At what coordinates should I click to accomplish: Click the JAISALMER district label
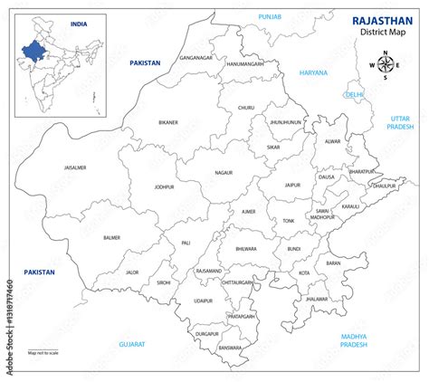[x=75, y=167]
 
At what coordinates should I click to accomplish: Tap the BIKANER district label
[x=168, y=121]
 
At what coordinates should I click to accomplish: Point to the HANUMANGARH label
[x=245, y=64]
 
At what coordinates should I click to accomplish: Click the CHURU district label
[x=246, y=108]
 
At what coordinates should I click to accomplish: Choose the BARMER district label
[x=112, y=237]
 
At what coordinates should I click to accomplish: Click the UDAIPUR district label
[x=202, y=300]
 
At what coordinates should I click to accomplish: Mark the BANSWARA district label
[x=231, y=347]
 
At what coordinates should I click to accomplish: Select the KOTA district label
[x=304, y=272]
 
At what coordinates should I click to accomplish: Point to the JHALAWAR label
[x=317, y=298]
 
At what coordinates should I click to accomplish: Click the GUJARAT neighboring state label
[x=133, y=344]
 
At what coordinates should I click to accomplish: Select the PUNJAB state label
[x=270, y=16]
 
